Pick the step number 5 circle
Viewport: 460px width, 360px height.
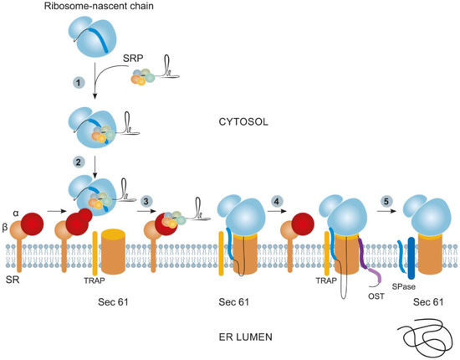click(386, 200)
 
